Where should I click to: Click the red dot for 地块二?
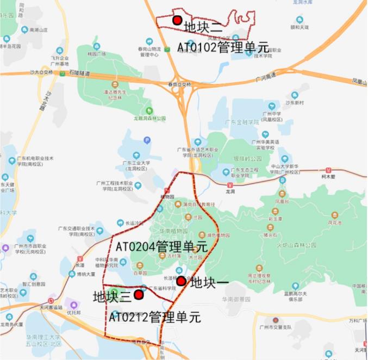point(177,20)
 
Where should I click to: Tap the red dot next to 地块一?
point(181,281)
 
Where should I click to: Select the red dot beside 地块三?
point(139,294)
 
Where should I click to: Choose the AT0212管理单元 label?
point(154,316)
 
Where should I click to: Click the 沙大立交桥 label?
point(41,72)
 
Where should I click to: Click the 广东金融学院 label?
point(241,123)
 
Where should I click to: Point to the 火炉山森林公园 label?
point(296,245)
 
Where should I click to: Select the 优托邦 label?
point(73,313)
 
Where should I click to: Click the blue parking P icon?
point(147,140)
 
